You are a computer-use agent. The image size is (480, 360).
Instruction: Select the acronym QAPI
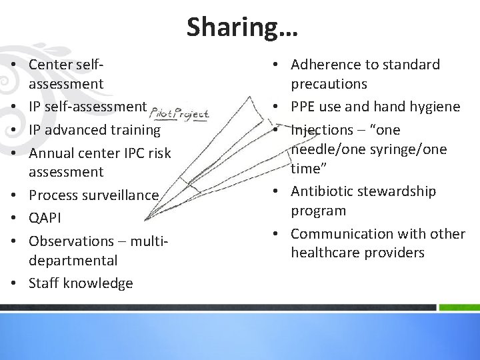[x=46, y=217]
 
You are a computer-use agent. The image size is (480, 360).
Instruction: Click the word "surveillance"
[x=119, y=195]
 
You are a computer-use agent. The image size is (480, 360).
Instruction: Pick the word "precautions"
[x=329, y=84]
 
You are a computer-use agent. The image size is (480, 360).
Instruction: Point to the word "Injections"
[x=322, y=129]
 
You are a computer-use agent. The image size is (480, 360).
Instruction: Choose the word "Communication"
[x=341, y=234]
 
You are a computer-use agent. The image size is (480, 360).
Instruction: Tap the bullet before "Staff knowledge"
[x=13, y=283]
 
